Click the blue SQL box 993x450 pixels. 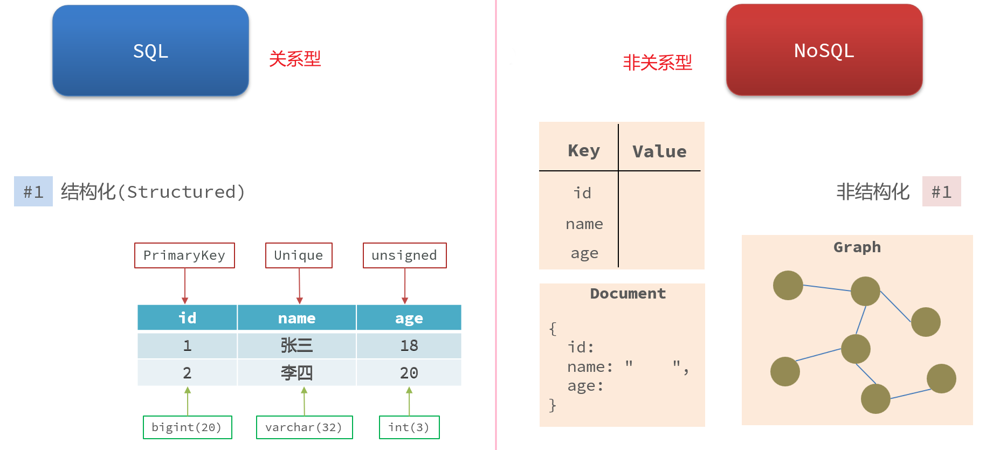[150, 51]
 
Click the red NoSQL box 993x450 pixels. [824, 50]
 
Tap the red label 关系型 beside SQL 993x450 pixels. [295, 59]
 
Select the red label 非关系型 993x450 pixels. [657, 63]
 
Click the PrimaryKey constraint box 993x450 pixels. [184, 255]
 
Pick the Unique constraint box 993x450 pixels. [299, 255]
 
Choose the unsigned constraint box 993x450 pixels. [404, 255]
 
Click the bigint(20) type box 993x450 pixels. [187, 427]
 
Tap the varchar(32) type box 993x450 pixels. [304, 427]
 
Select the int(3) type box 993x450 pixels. [409, 427]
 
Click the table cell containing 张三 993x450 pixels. [296, 345]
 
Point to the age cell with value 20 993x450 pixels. [409, 373]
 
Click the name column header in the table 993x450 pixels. [296, 318]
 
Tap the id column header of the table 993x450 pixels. [187, 318]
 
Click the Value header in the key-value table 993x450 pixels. [659, 151]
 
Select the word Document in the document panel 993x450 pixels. [628, 294]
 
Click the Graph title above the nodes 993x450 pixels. [857, 247]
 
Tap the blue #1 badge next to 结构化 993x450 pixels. [33, 191]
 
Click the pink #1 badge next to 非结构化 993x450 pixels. [942, 191]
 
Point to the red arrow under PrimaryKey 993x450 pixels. [185, 286]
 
